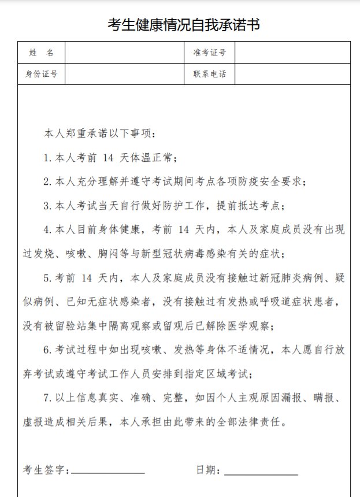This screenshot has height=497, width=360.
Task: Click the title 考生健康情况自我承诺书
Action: tap(184, 25)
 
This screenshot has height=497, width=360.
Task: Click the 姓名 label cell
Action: tap(41, 53)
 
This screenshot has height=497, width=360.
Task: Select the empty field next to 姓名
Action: tap(125, 53)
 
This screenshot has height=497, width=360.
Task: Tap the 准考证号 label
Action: tap(209, 53)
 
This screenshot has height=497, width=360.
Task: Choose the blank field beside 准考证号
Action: tap(292, 53)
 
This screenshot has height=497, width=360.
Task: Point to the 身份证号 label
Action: tap(41, 74)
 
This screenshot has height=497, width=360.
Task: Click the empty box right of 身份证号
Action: tap(125, 74)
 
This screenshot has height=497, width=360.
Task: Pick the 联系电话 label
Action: tap(209, 74)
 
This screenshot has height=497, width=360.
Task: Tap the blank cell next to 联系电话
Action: tap(292, 74)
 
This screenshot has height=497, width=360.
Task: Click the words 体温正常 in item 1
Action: tap(154, 158)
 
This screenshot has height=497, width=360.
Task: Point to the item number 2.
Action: tap(47, 182)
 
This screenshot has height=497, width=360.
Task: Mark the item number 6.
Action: tap(47, 350)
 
